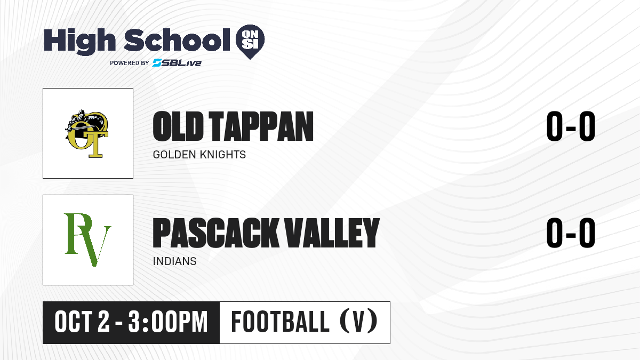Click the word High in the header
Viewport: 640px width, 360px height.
[x=79, y=42]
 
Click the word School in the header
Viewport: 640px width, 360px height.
[x=177, y=40]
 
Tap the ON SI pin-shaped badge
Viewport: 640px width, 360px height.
[x=250, y=42]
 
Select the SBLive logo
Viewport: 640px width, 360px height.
[x=177, y=62]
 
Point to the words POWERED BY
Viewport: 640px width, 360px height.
[x=130, y=63]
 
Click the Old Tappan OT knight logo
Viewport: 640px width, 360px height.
[x=87, y=133]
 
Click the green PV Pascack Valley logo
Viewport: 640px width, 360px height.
[x=87, y=239]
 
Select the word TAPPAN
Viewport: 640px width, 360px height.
[x=261, y=126]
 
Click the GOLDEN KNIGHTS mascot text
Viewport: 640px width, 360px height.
[x=199, y=155]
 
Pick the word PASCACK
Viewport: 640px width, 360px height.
[x=215, y=233]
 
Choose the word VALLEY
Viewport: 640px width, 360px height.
[x=332, y=233]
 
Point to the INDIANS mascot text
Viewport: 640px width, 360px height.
[x=174, y=261]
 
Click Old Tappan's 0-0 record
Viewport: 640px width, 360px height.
[x=571, y=126]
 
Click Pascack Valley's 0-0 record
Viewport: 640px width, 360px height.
[x=571, y=233]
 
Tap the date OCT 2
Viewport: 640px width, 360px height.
[x=82, y=322]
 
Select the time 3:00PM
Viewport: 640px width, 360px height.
[x=168, y=322]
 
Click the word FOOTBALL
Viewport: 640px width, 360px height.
[x=280, y=322]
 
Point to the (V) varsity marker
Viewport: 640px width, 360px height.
[x=358, y=321]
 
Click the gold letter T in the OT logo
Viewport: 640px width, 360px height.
[x=95, y=145]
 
